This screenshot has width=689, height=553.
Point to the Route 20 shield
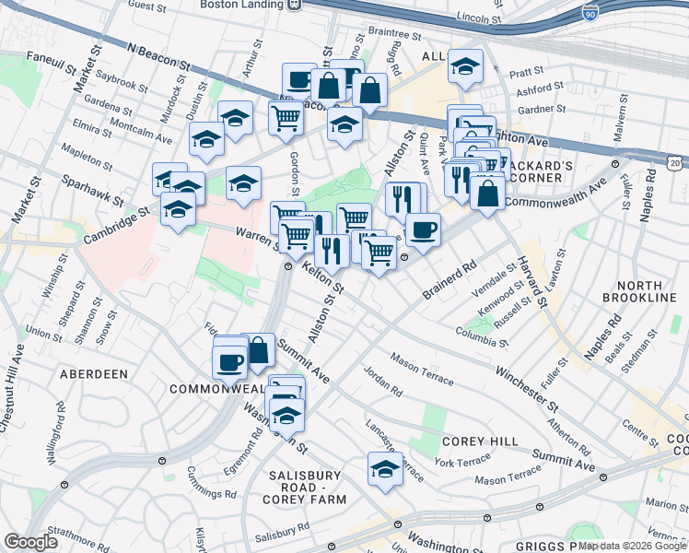675,162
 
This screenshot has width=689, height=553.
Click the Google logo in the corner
31,542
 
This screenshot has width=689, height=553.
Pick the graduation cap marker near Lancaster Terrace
385,468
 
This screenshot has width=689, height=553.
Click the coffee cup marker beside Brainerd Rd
423,229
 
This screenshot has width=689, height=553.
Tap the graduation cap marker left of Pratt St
466,66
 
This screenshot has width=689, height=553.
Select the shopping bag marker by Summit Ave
258,349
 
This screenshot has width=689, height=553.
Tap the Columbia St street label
482,336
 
